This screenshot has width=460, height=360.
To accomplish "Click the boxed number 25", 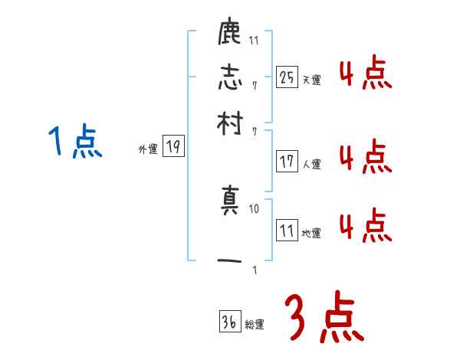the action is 287,77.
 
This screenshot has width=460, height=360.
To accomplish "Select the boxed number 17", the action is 287,161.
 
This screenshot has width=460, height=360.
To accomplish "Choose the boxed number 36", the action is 228,322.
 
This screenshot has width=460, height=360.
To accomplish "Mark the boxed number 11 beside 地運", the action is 287,231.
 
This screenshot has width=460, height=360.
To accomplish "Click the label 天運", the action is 311,80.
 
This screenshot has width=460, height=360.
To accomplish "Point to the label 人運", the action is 311,164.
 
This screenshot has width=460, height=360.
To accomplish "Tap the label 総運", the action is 255,325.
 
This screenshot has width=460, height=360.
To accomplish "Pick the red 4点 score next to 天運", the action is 365,75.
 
